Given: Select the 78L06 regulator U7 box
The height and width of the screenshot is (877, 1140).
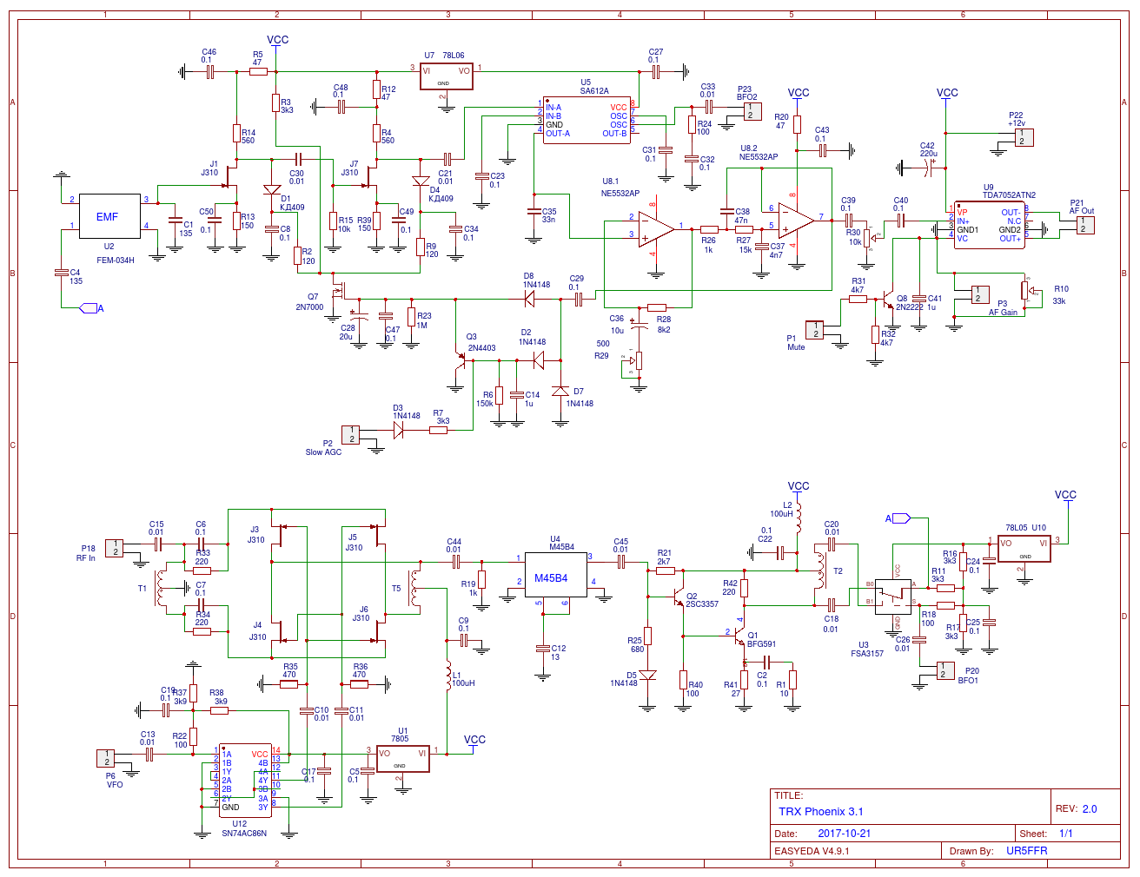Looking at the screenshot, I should (447, 76).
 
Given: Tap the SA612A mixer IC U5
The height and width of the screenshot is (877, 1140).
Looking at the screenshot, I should (587, 120).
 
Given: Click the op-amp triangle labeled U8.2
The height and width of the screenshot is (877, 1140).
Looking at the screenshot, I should (795, 221).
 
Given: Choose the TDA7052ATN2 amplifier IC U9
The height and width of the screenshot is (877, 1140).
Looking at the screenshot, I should (989, 225).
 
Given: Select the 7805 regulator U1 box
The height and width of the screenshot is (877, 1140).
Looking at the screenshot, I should (402, 759).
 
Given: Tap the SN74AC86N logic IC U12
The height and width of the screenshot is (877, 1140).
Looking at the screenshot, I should (244, 780).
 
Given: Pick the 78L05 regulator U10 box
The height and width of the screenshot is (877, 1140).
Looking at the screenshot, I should (1024, 549).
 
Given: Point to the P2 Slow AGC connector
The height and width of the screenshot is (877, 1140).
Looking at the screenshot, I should (350, 434).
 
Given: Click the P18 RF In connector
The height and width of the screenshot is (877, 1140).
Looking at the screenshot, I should (115, 548).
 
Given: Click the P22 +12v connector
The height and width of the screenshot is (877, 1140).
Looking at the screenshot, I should (1024, 137).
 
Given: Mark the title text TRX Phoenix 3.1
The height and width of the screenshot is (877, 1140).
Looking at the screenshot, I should (820, 812).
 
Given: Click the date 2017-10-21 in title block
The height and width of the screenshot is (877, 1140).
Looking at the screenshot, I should (844, 834).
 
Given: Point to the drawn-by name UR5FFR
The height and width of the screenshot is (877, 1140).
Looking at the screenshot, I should (1026, 851).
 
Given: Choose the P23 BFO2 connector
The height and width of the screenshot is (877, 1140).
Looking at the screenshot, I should (752, 111).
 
